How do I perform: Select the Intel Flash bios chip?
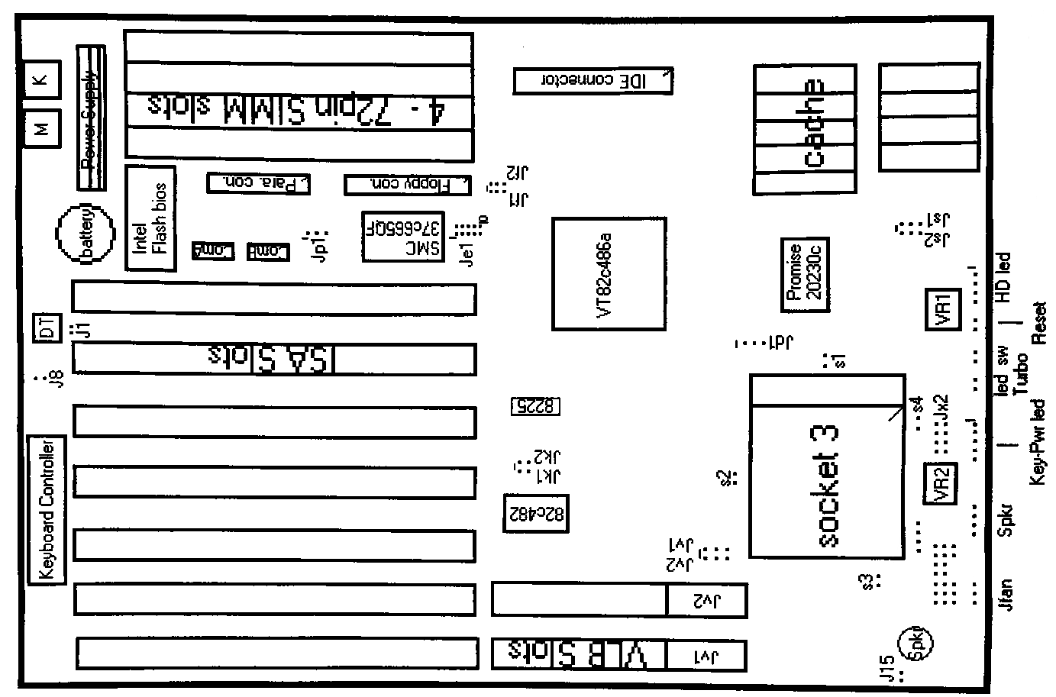[x=150, y=218]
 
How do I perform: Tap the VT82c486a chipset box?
[x=608, y=274]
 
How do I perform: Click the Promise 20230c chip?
[x=806, y=275]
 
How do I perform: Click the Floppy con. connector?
[x=408, y=185]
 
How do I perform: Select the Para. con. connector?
[x=259, y=182]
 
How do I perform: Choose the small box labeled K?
[x=42, y=79]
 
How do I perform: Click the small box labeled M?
[x=42, y=129]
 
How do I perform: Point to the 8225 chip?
[x=535, y=406]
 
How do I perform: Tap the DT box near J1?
[x=47, y=328]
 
